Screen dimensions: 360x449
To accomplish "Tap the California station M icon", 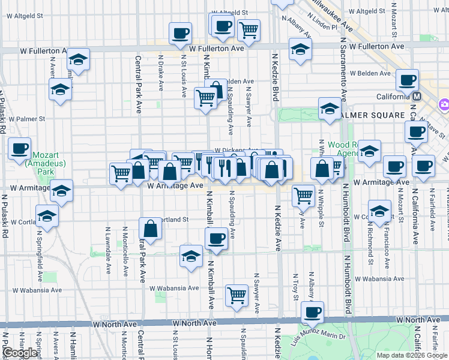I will [417, 96].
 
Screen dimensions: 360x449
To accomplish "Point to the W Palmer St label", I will [27, 119].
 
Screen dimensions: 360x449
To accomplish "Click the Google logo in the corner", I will [20, 353].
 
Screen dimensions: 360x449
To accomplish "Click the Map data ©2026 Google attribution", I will [412, 355].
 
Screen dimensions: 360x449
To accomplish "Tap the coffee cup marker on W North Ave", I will [312, 312].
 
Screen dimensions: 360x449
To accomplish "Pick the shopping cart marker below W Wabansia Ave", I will [237, 295].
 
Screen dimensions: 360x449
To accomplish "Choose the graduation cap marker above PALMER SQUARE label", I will [330, 108].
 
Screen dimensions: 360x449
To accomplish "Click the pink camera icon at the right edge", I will [444, 104].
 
